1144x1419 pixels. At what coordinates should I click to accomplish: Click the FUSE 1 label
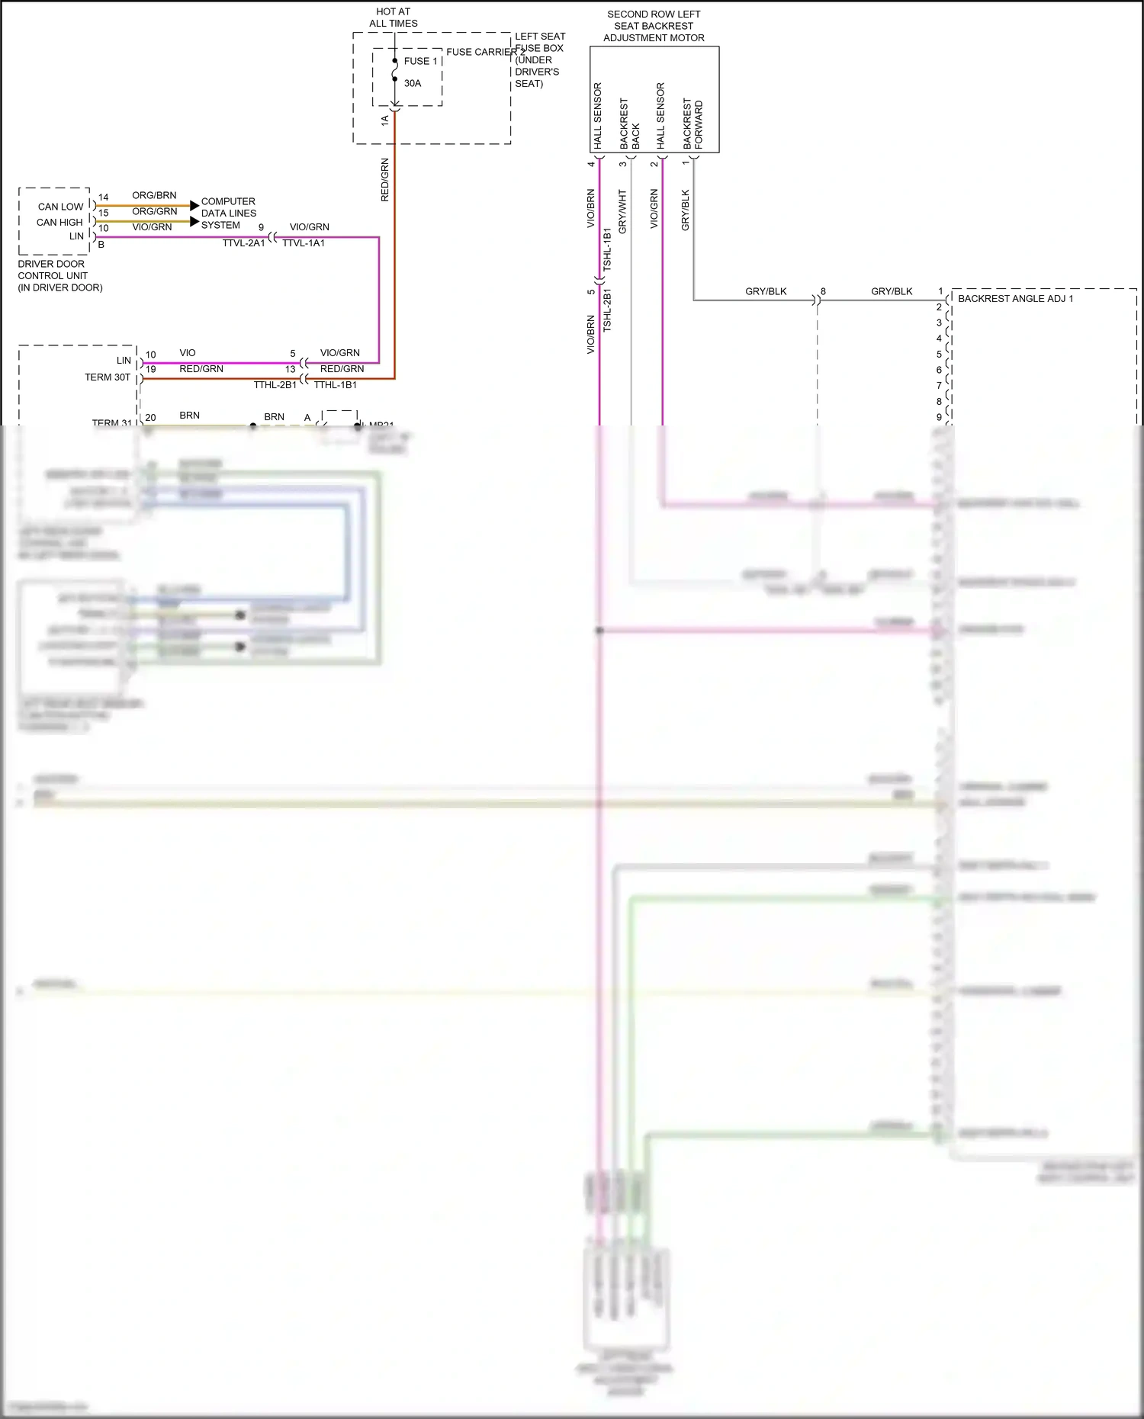point(420,61)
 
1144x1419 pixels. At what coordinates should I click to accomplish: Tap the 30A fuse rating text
point(413,83)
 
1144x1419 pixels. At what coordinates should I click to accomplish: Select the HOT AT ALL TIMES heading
point(394,18)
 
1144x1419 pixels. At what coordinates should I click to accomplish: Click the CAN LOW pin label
point(60,207)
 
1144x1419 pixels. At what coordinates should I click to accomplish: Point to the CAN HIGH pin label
point(59,222)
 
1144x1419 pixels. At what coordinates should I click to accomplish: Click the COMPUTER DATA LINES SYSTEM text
point(228,213)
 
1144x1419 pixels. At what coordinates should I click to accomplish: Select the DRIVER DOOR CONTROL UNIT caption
point(59,275)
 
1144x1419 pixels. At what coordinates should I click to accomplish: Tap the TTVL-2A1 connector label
point(243,243)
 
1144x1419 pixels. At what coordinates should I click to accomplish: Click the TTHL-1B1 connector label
point(336,385)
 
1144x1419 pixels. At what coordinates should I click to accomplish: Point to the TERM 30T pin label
point(107,377)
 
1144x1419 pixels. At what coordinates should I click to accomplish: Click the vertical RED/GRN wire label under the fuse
point(384,180)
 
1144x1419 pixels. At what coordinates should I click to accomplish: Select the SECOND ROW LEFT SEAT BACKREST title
point(654,26)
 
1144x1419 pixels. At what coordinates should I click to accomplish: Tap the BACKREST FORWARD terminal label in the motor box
point(693,124)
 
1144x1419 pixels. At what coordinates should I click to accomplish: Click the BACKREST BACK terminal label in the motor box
point(629,124)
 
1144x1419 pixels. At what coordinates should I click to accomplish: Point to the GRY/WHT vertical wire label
point(622,211)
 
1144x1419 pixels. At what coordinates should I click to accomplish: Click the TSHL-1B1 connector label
point(607,249)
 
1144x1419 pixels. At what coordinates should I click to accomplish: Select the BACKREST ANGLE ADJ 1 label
point(1015,298)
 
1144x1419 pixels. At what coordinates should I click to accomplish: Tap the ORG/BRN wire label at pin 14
point(154,195)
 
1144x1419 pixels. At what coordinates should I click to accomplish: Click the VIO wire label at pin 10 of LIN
point(188,353)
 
